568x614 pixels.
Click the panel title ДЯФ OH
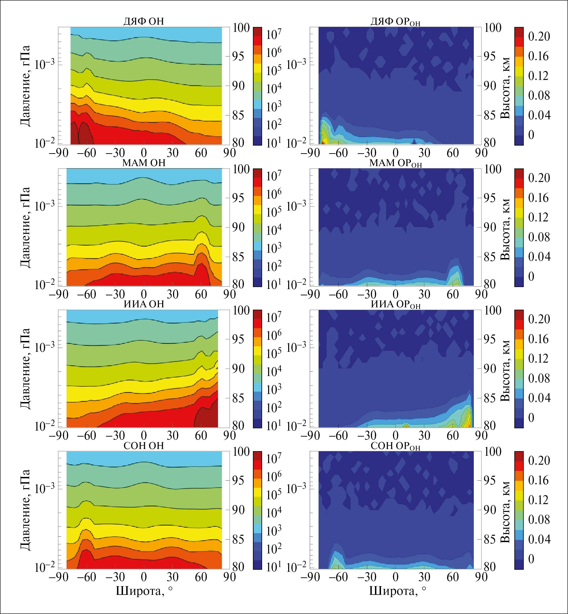[143, 21]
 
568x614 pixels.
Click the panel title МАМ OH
[143, 163]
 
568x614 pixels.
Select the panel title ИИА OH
[143, 304]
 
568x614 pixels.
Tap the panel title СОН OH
[143, 446]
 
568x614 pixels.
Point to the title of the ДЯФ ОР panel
[395, 21]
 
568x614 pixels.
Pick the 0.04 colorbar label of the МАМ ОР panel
[539, 257]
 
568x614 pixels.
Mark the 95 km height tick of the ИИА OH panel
[239, 339]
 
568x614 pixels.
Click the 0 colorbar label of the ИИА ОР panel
[531, 417]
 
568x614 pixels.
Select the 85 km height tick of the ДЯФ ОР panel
[490, 115]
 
